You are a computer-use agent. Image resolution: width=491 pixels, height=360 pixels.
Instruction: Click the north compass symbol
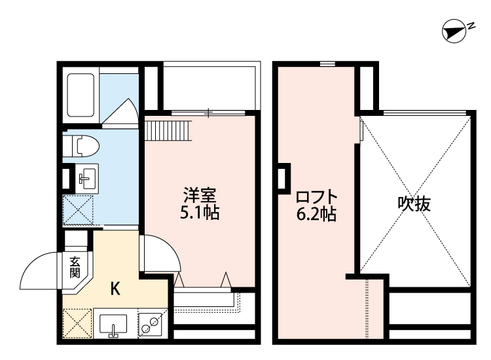[454, 31]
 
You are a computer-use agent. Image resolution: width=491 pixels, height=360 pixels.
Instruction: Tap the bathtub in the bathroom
[81, 95]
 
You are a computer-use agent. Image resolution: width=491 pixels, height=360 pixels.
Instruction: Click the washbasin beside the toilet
[87, 179]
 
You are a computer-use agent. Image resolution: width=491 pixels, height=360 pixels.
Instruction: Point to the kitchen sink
[113, 325]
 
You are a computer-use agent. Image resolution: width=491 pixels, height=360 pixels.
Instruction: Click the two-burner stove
[151, 324]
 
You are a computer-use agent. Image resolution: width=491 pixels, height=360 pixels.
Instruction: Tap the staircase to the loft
[168, 131]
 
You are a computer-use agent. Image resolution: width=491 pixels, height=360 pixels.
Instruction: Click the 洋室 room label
[200, 195]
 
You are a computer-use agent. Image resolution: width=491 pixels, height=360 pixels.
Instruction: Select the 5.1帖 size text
[200, 212]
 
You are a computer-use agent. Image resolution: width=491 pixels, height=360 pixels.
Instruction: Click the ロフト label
[317, 197]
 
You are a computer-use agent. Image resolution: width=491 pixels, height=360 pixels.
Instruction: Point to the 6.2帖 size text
[316, 215]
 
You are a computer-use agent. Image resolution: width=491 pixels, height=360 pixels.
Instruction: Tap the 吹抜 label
[414, 204]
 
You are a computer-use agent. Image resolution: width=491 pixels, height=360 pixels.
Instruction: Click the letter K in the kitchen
[115, 289]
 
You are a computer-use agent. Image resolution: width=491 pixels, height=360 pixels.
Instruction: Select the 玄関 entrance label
[75, 267]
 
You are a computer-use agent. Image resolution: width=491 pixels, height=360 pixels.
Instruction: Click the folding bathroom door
[120, 111]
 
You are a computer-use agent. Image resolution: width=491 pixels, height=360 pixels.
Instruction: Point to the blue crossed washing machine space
[79, 210]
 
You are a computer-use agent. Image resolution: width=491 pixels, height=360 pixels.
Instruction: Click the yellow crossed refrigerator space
[77, 323]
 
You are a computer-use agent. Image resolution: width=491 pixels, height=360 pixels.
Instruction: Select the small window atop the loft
[327, 64]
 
